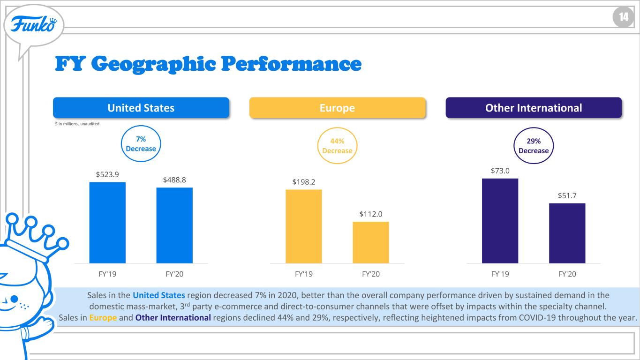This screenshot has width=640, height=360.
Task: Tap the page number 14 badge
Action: coord(623,17)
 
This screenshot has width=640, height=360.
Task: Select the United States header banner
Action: coord(141,108)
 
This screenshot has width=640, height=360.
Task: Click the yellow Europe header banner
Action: coord(338,108)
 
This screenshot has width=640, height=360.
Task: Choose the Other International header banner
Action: coord(534,108)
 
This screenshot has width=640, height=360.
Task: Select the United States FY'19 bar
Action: coord(107,223)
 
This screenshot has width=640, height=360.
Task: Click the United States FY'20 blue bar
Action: coord(174,225)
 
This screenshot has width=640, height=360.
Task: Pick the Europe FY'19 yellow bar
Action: coord(304,226)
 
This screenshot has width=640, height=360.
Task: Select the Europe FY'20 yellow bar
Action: coord(371,242)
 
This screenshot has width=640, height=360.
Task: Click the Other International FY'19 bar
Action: coord(500,221)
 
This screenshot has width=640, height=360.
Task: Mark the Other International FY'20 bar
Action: coord(567,233)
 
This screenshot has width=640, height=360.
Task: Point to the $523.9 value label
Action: coord(107,174)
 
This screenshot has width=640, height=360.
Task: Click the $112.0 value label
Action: coord(371,214)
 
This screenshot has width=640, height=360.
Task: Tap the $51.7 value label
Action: coord(567,196)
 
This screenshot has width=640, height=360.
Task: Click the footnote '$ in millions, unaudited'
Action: coord(77,124)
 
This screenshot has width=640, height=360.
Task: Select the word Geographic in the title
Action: coord(154,64)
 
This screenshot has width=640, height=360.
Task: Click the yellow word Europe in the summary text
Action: coord(103,318)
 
